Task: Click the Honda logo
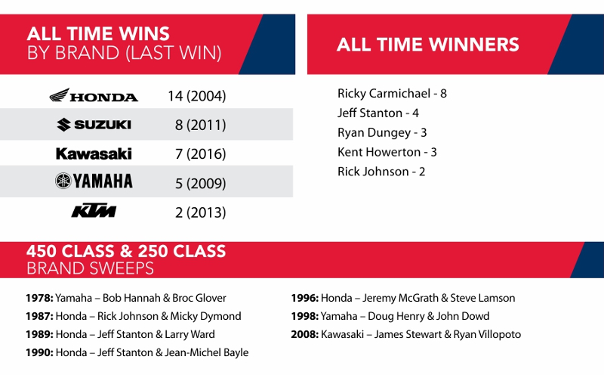[x=94, y=95]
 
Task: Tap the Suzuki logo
[x=94, y=125]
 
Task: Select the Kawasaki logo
[x=94, y=154]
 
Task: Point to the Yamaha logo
[x=94, y=181]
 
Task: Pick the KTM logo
[x=94, y=211]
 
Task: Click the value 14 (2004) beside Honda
[x=197, y=96]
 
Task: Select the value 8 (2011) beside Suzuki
[x=200, y=125]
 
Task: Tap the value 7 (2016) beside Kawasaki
[x=200, y=154]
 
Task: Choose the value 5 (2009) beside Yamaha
[x=200, y=183]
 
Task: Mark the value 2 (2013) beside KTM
[x=200, y=212]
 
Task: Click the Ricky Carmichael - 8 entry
[x=392, y=94]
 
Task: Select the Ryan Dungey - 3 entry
[x=382, y=133]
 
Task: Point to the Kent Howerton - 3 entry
[x=387, y=152]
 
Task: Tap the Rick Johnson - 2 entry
[x=381, y=172]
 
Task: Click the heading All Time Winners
[x=428, y=45]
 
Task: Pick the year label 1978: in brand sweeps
[x=39, y=298]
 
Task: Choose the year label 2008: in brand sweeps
[x=305, y=334]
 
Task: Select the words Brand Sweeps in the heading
[x=90, y=268]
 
